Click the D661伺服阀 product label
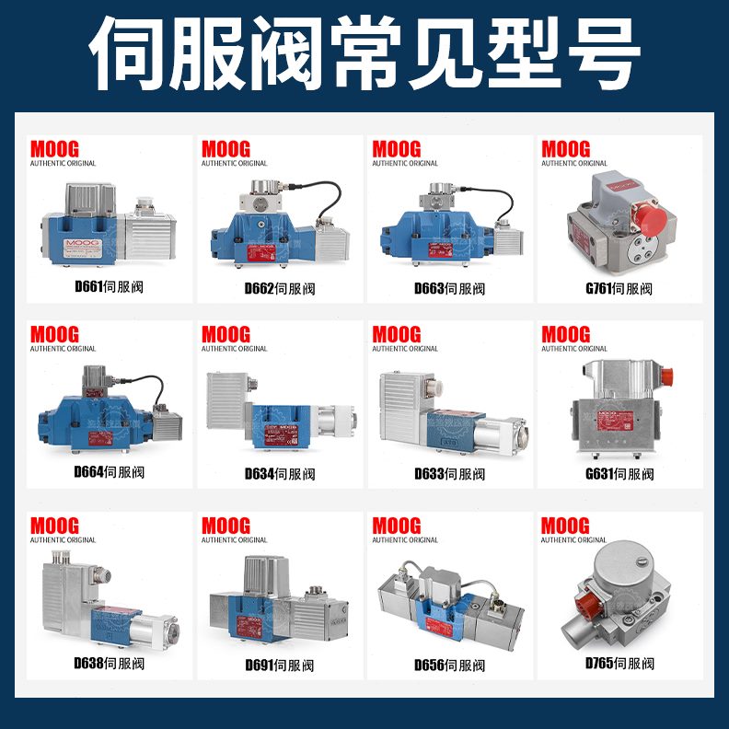tap(109, 287)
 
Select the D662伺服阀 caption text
tap(279, 288)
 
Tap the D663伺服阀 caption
tap(449, 288)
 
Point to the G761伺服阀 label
tap(619, 288)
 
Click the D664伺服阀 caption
tap(109, 472)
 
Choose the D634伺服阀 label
tap(279, 474)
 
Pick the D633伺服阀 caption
tap(449, 474)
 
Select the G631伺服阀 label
tap(619, 474)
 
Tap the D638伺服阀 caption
tap(109, 663)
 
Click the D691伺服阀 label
tap(279, 665)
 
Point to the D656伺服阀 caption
tap(449, 665)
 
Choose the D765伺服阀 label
tap(619, 663)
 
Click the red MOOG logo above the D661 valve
tap(55, 149)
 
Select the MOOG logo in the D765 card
tap(565, 526)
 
